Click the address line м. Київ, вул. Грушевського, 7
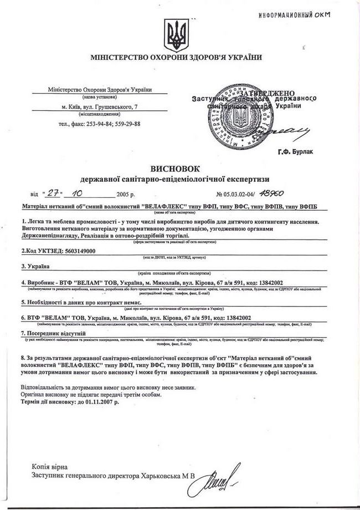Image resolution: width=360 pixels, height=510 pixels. (100, 106)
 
